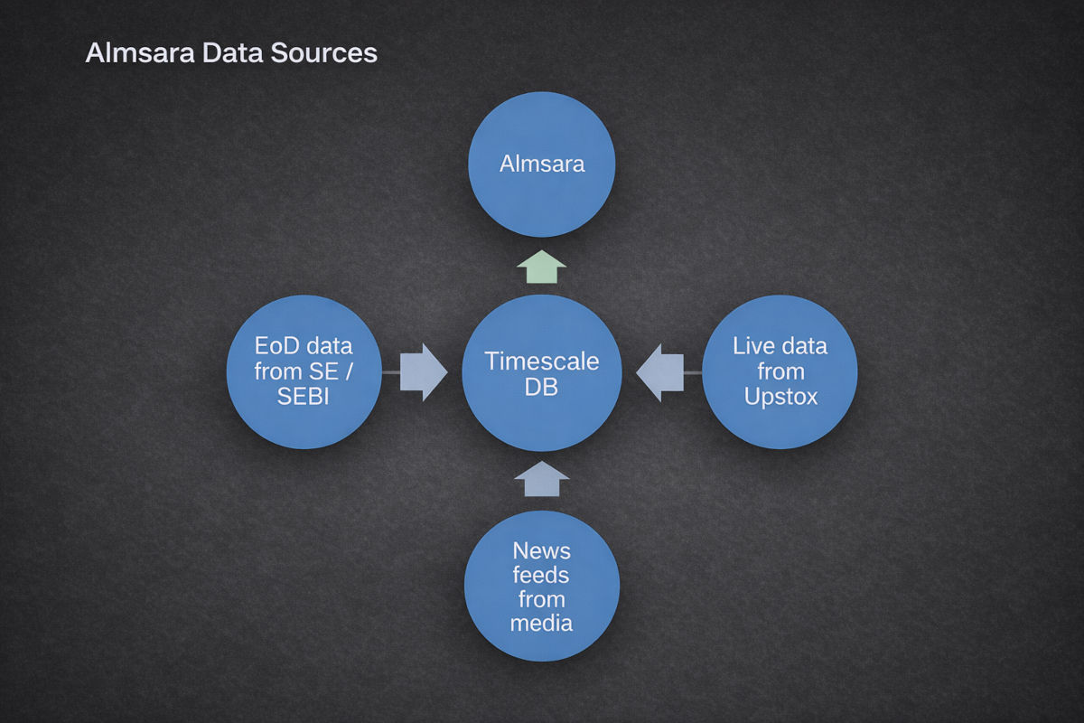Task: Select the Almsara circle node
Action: pyautogui.click(x=542, y=164)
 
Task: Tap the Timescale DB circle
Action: pyautogui.click(x=542, y=372)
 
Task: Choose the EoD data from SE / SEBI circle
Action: pyautogui.click(x=304, y=371)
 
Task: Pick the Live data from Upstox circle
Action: pyautogui.click(x=780, y=371)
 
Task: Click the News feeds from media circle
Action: pyautogui.click(x=542, y=586)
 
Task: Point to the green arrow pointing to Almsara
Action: pyautogui.click(x=542, y=268)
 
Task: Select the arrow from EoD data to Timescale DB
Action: pyautogui.click(x=420, y=371)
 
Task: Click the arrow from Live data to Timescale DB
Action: pyautogui.click(x=662, y=371)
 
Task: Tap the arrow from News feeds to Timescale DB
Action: pyautogui.click(x=542, y=478)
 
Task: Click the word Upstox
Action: pyautogui.click(x=780, y=396)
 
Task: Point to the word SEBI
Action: pyautogui.click(x=304, y=396)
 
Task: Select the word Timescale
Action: pyautogui.click(x=542, y=361)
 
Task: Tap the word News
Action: pyautogui.click(x=542, y=549)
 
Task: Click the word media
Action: pyautogui.click(x=542, y=623)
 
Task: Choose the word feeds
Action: pyautogui.click(x=542, y=574)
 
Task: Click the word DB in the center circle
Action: pyautogui.click(x=542, y=387)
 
